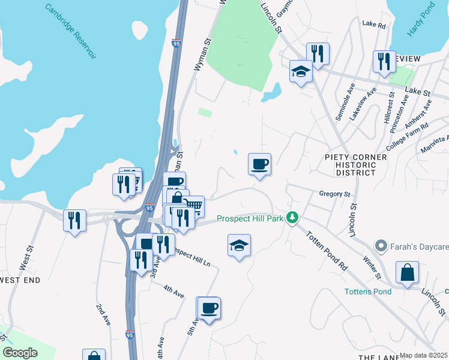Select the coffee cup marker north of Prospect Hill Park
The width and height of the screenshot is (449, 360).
click(x=259, y=164)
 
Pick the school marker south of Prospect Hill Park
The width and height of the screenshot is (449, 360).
click(x=239, y=245)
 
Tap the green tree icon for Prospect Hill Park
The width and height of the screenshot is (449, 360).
click(x=292, y=217)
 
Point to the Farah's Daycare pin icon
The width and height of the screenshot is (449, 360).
click(x=380, y=245)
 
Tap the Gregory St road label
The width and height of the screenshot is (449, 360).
click(x=334, y=194)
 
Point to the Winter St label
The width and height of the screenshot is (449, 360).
click(x=372, y=268)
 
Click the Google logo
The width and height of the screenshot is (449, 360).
click(x=20, y=353)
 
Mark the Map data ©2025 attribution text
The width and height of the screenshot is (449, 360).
click(x=424, y=355)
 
